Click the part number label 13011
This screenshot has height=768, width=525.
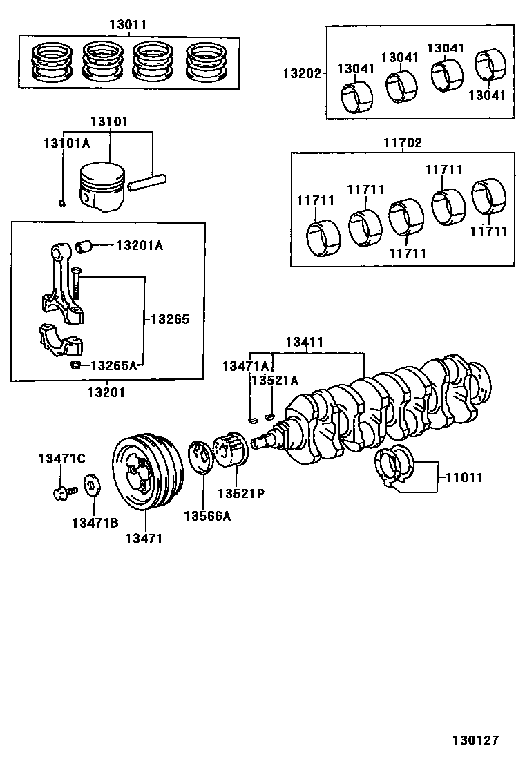pos(128,24)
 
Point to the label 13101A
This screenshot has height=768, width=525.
pos(66,143)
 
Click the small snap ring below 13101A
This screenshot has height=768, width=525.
pos(63,202)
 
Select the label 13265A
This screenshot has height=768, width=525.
pos(113,365)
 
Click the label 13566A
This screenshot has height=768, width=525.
pos(207,516)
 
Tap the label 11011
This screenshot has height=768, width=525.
pos(464,477)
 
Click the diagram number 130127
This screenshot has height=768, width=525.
pos(475,740)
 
